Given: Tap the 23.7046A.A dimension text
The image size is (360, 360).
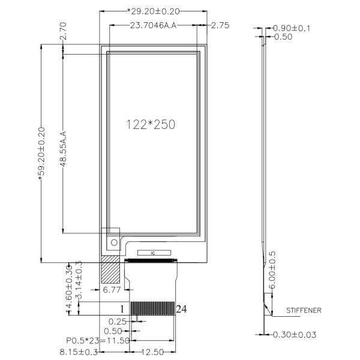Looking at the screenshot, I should [x=155, y=25].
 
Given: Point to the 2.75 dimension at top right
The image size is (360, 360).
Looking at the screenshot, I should [x=220, y=25].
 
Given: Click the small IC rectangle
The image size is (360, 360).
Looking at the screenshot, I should [x=154, y=253].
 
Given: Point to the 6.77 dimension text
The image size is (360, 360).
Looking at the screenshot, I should [x=112, y=290].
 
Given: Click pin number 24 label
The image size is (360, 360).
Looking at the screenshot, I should [x=181, y=308].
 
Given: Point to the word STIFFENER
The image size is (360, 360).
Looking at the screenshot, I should [x=304, y=311].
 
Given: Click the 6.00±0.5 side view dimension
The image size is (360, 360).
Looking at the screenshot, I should [x=273, y=270].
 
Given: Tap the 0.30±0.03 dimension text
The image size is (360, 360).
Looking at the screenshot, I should [x=294, y=334].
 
